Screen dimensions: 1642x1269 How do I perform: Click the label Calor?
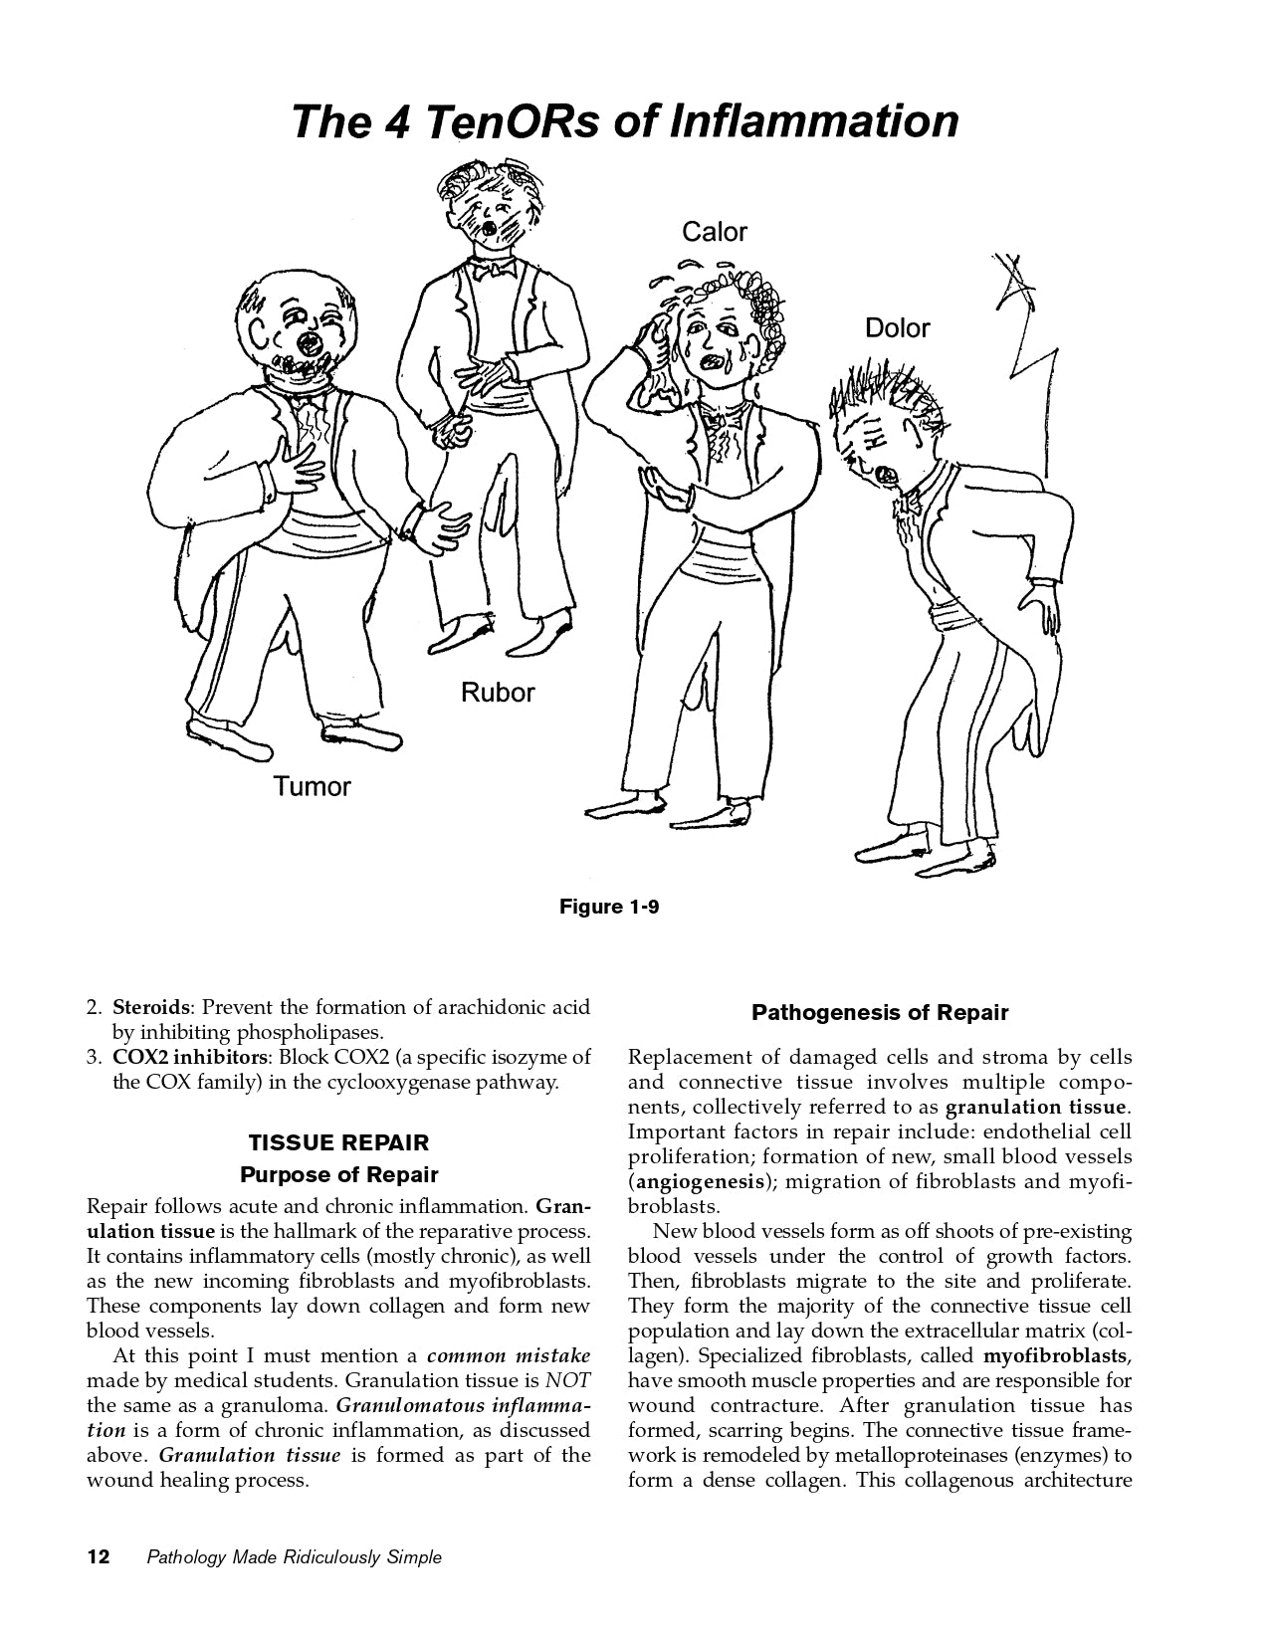coord(714,232)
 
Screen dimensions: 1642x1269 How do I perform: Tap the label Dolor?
coord(897,327)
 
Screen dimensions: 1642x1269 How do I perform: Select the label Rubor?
coord(498,692)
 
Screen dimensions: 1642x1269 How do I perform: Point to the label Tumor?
coord(313,786)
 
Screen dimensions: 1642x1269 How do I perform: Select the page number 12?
coord(99,1557)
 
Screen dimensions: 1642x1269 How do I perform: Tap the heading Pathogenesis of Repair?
coord(880,1013)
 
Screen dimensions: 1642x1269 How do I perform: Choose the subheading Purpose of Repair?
coord(338,1174)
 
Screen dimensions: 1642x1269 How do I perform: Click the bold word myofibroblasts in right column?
coord(1056,1355)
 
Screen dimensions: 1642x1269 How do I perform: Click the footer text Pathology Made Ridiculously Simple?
coord(294,1557)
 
